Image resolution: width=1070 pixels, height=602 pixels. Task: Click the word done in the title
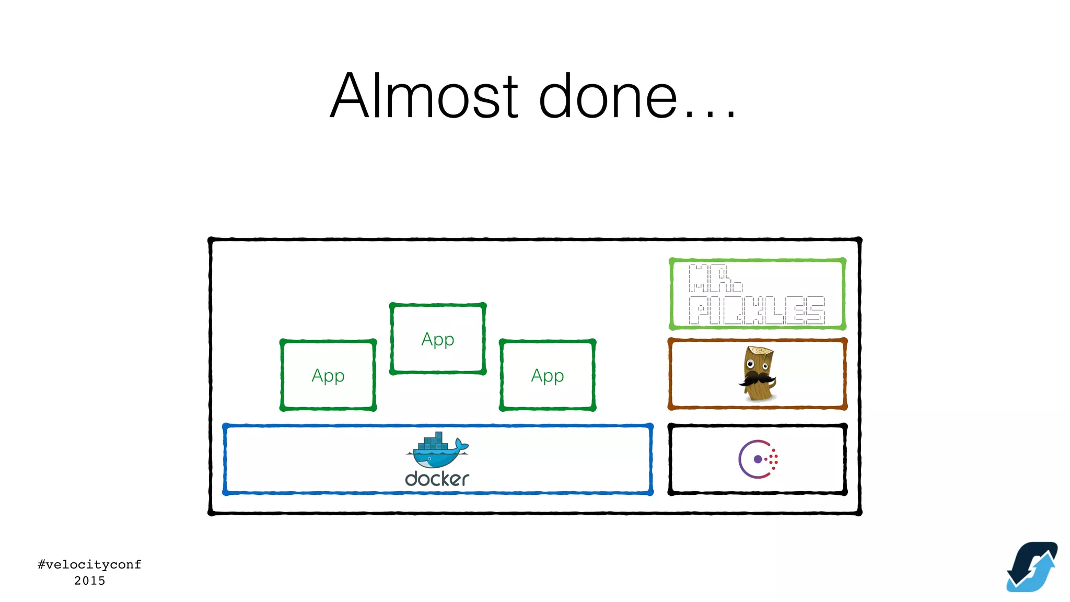tap(608, 96)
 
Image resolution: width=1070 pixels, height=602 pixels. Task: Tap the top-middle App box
tap(438, 339)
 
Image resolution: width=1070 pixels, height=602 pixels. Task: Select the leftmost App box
tap(328, 375)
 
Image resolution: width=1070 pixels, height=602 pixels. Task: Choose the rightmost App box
tap(548, 375)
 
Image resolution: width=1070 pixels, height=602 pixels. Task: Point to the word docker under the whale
tap(437, 479)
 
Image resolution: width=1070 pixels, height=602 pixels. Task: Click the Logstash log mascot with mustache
tap(757, 373)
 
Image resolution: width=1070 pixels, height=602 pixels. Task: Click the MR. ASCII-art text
tap(715, 279)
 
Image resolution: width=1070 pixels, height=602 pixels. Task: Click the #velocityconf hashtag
tap(89, 564)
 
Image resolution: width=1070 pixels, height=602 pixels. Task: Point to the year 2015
tap(89, 581)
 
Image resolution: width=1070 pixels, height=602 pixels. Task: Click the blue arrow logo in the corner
tap(1031, 566)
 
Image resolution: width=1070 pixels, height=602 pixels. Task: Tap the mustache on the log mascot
tap(756, 378)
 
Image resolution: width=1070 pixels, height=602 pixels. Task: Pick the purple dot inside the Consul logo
tap(758, 459)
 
